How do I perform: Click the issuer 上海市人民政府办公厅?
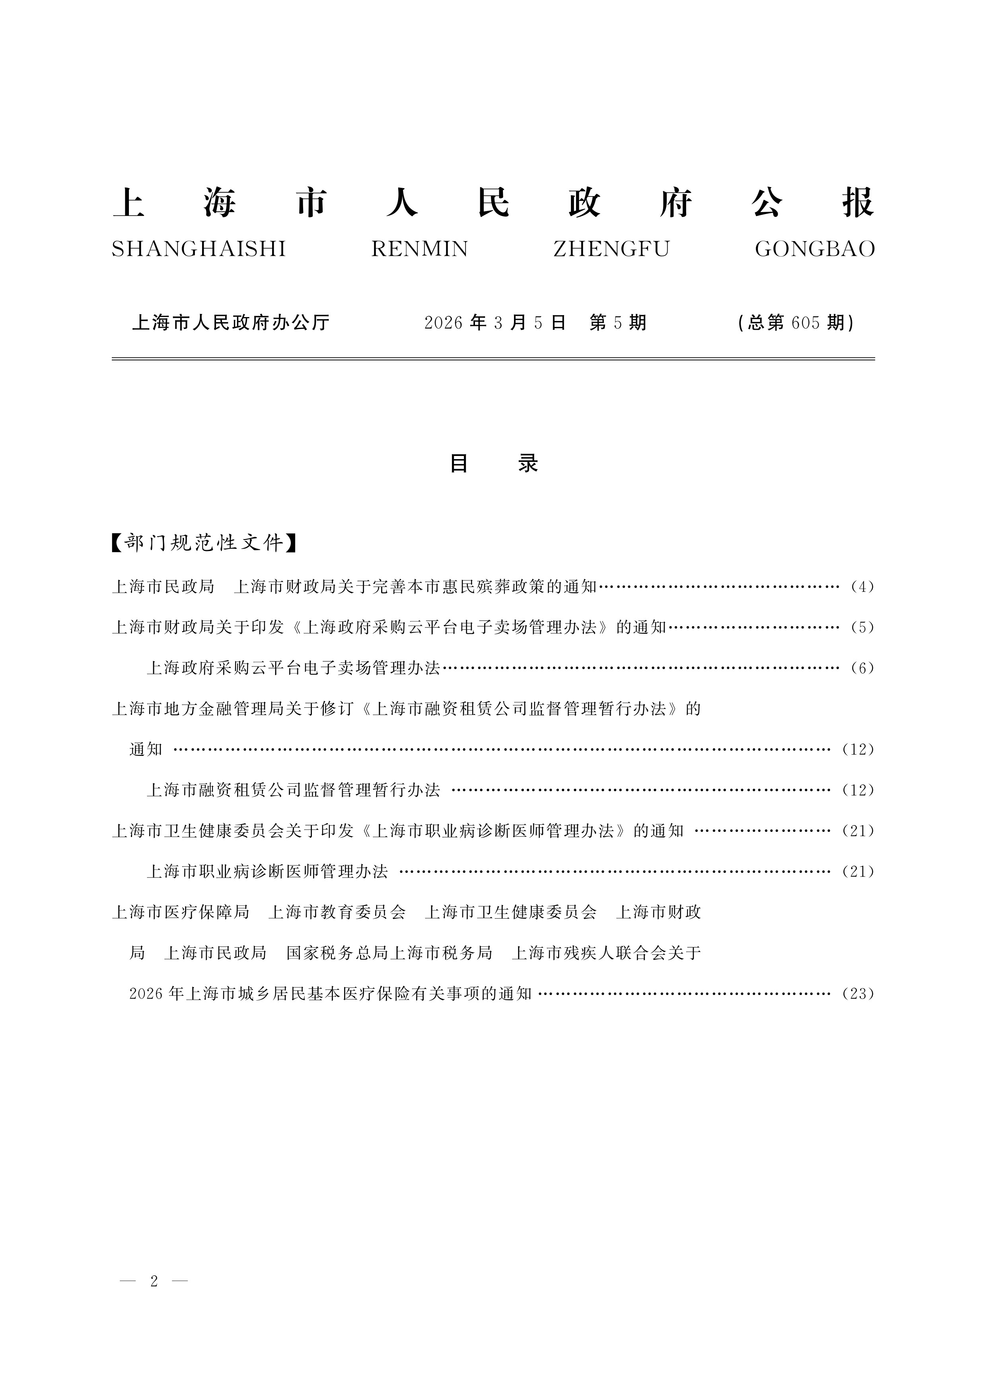230,322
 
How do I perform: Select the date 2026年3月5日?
494,322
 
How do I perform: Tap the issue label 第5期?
617,322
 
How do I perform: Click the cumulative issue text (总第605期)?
796,322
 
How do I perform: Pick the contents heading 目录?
493,464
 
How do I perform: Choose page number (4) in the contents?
862,587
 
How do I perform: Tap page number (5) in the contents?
862,627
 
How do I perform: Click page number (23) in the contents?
857,993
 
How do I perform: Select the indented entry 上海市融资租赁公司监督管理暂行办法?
293,790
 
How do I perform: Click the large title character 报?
857,202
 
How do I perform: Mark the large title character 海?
220,202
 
